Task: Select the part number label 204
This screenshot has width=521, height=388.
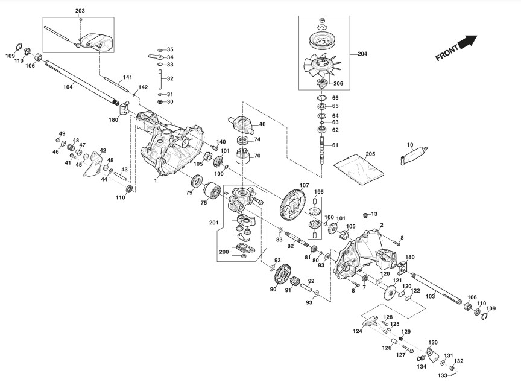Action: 362,54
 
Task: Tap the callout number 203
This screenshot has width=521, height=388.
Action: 80,12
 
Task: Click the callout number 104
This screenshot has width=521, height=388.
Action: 68,87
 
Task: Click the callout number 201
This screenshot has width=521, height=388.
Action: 213,223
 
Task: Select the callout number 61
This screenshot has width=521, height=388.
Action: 335,145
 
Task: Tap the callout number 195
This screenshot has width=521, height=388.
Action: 319,191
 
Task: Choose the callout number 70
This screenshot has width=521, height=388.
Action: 256,155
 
